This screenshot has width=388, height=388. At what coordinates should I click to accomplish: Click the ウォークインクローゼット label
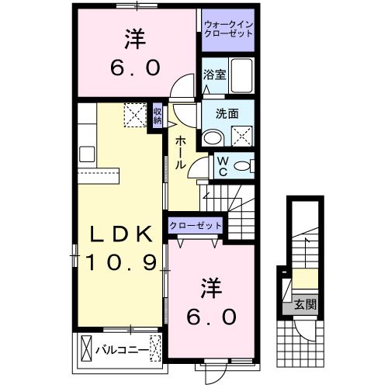227,29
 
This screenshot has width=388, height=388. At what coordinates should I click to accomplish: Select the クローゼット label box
196,226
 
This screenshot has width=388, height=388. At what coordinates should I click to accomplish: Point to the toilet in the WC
242,165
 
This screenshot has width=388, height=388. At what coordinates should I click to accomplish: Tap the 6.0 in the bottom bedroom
210,317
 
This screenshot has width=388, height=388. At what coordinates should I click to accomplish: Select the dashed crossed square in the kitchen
133,116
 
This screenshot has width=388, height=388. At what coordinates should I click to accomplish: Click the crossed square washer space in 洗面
242,133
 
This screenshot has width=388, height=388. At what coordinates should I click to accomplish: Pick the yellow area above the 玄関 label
303,280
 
